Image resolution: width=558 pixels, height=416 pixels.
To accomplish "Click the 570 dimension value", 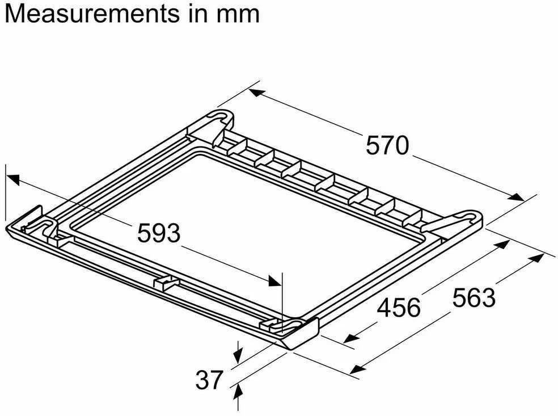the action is tap(387, 145).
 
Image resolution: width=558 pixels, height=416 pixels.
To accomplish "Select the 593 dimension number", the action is tap(159, 233).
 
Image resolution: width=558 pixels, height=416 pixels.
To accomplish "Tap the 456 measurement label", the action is tap(399, 308).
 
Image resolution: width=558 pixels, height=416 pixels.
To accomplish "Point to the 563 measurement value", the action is tap(474, 297).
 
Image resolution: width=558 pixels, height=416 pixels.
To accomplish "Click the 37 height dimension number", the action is tap(209, 380).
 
